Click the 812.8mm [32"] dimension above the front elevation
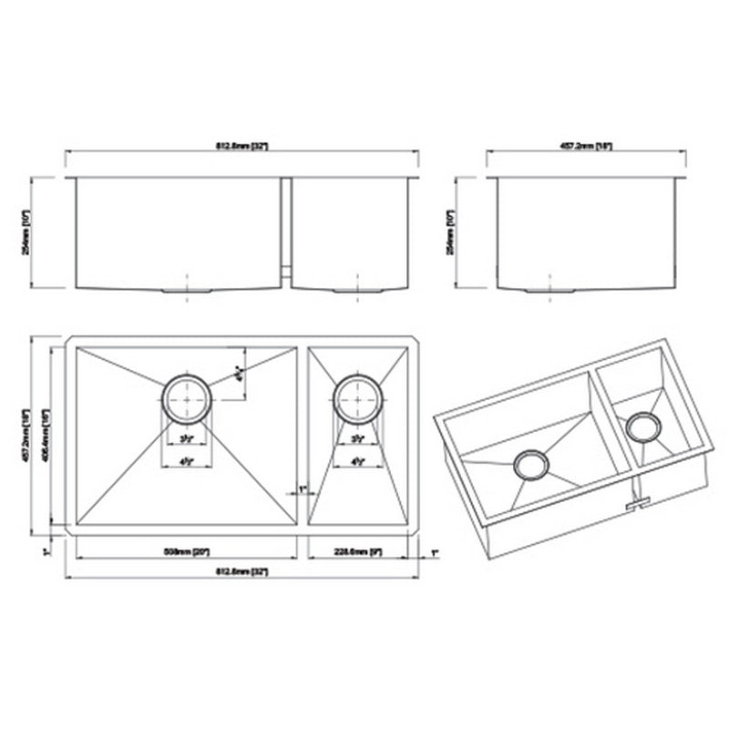click(x=241, y=147)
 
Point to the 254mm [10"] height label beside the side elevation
click(x=450, y=231)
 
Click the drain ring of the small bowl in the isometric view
click(x=644, y=426)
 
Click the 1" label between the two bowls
click(x=302, y=490)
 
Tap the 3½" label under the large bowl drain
click(x=187, y=440)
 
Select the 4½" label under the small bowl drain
click(x=357, y=461)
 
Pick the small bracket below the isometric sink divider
click(x=639, y=502)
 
